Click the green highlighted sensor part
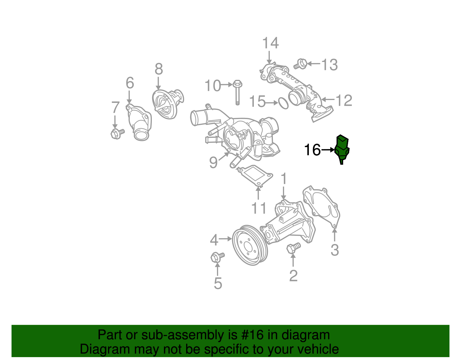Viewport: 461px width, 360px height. (342, 148)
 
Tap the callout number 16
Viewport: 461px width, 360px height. (312, 150)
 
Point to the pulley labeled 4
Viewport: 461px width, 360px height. (250, 245)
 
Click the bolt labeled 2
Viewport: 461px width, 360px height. (293, 248)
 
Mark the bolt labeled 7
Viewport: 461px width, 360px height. (117, 133)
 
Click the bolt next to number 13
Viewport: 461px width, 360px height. (301, 64)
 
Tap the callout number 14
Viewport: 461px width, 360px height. (270, 43)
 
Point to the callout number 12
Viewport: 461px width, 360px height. (344, 100)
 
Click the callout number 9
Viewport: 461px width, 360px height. (213, 162)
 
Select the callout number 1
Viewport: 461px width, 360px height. (284, 179)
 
